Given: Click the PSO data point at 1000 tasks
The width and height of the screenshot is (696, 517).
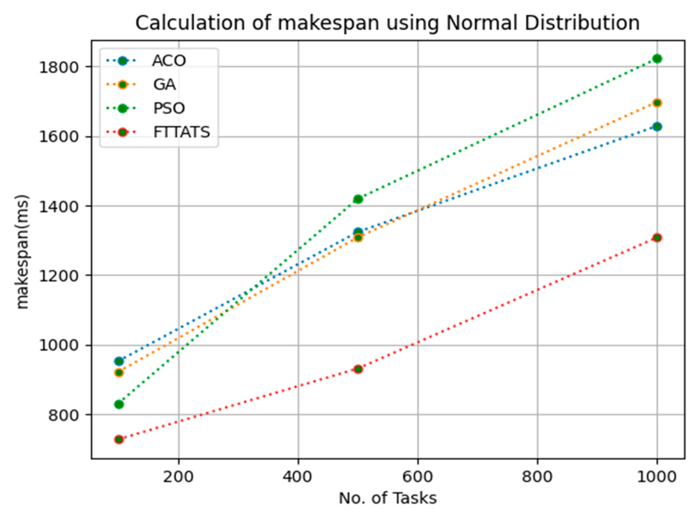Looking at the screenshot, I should (x=657, y=59).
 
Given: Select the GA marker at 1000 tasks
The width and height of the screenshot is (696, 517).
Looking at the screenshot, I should (x=657, y=103).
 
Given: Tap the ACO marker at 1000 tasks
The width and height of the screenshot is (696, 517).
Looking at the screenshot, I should (x=657, y=126).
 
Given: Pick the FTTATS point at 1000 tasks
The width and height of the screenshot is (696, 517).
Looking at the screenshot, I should (x=657, y=238).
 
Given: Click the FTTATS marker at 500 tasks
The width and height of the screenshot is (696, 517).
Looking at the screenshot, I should (x=358, y=369).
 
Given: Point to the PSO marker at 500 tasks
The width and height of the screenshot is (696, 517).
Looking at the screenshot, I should (x=358, y=199).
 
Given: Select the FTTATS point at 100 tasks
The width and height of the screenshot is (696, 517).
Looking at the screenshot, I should (x=119, y=439).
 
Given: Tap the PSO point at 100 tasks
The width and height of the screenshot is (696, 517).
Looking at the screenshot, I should (x=119, y=404).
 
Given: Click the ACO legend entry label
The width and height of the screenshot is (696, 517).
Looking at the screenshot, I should (x=169, y=61).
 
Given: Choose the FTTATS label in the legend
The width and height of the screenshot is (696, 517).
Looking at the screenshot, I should (x=181, y=132).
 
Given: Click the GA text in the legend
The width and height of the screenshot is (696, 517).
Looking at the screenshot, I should (x=164, y=85).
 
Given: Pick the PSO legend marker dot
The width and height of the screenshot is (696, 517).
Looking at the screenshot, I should (x=123, y=108).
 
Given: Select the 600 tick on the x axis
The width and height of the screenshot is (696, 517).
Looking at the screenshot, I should (x=417, y=476).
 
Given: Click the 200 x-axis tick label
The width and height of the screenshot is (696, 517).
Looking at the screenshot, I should (x=178, y=476).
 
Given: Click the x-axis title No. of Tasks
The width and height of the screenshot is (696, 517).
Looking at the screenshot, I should (x=388, y=498).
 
